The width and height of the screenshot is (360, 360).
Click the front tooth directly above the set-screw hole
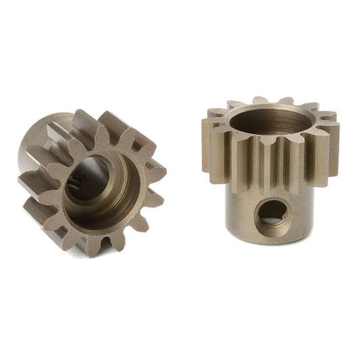tap(273, 169)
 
